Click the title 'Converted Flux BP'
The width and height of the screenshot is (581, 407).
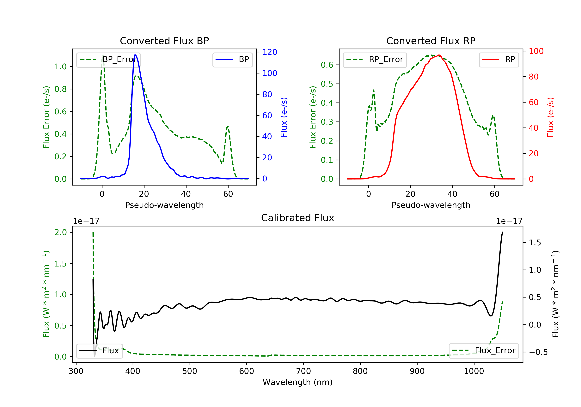(x=164, y=41)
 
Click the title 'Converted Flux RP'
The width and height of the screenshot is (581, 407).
(x=431, y=41)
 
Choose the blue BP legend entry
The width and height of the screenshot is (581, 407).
(x=232, y=59)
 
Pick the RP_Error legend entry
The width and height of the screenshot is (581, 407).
(x=375, y=59)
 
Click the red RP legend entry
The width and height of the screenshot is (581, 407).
(x=499, y=59)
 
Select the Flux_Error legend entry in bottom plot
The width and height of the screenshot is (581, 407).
(x=484, y=351)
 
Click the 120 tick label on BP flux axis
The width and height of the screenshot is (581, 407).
(x=270, y=52)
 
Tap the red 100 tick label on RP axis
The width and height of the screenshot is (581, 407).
(x=536, y=51)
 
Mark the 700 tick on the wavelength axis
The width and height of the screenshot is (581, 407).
(x=303, y=371)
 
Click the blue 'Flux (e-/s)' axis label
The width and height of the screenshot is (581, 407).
(x=284, y=117)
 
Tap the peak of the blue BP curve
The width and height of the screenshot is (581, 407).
(x=135, y=55)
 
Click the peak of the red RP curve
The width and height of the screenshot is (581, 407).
(x=439, y=55)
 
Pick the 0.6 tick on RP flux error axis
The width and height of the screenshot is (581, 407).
(x=327, y=65)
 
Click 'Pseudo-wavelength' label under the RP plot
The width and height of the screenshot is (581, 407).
(x=431, y=205)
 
